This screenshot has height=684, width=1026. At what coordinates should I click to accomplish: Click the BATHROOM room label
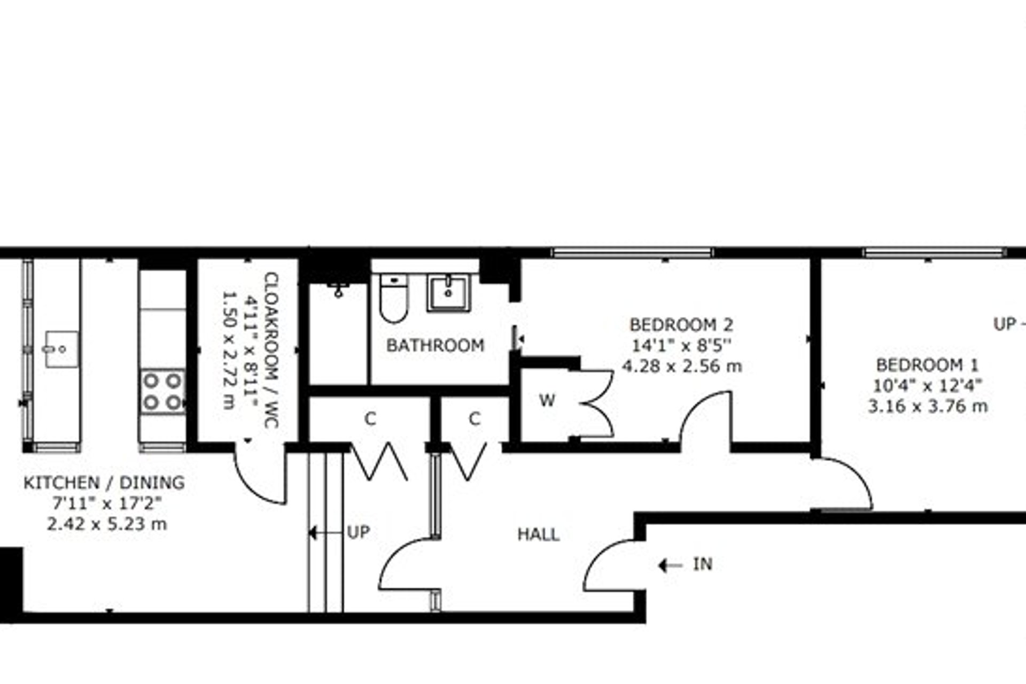435,345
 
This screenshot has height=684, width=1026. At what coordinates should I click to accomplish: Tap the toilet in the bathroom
394,298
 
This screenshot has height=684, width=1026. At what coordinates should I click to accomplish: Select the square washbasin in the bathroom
448,293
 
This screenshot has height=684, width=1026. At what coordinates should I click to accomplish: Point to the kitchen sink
61,349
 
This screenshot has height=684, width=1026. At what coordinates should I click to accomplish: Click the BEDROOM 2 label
681,325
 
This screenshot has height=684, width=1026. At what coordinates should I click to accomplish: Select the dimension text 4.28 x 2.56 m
682,366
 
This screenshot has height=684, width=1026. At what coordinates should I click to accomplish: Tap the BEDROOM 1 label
928,366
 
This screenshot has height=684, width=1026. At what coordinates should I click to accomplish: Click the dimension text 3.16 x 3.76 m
928,407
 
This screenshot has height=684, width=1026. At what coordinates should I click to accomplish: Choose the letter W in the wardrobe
547,400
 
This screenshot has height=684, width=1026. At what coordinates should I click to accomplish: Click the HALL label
538,534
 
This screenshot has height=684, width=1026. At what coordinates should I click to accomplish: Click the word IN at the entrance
703,564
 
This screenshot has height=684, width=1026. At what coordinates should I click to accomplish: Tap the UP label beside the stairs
358,532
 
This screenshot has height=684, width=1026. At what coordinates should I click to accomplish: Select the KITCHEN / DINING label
104,483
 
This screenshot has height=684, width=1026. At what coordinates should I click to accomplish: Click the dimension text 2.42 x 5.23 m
107,524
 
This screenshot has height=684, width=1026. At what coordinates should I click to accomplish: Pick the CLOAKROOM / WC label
271,350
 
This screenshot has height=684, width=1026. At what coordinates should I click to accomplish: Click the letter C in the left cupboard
370,419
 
